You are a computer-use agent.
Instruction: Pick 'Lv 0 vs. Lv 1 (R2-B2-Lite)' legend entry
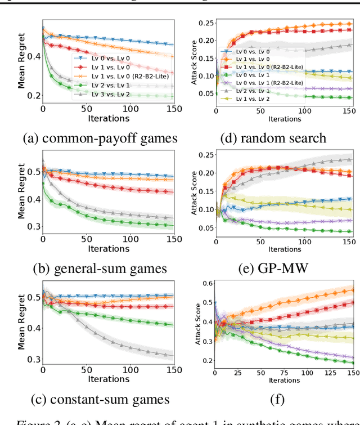[269, 83]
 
